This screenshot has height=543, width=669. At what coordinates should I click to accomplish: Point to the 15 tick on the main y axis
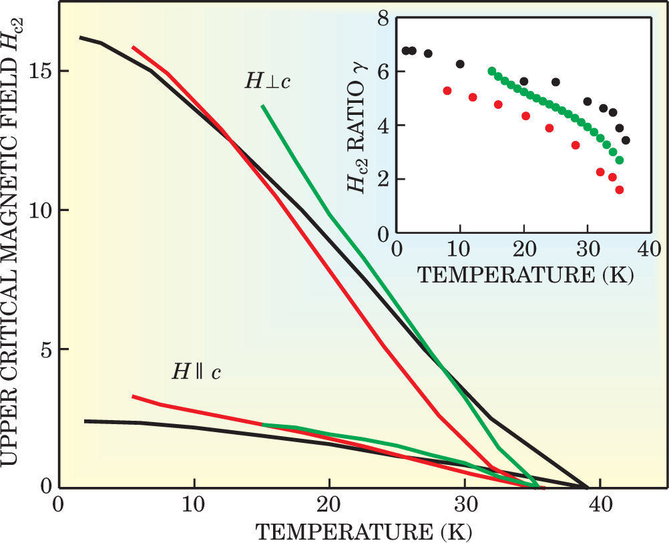[39, 71]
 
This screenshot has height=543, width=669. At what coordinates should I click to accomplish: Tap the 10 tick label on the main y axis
[39, 210]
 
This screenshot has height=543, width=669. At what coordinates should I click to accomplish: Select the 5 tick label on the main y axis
[44, 349]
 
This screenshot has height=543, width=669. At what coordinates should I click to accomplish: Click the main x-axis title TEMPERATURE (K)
[364, 532]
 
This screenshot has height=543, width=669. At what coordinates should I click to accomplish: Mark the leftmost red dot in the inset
[447, 90]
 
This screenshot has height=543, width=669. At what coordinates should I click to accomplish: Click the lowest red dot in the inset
[619, 190]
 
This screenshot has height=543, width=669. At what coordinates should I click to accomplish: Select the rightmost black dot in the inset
[626, 140]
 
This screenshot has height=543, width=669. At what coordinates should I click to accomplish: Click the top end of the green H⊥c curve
[263, 106]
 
